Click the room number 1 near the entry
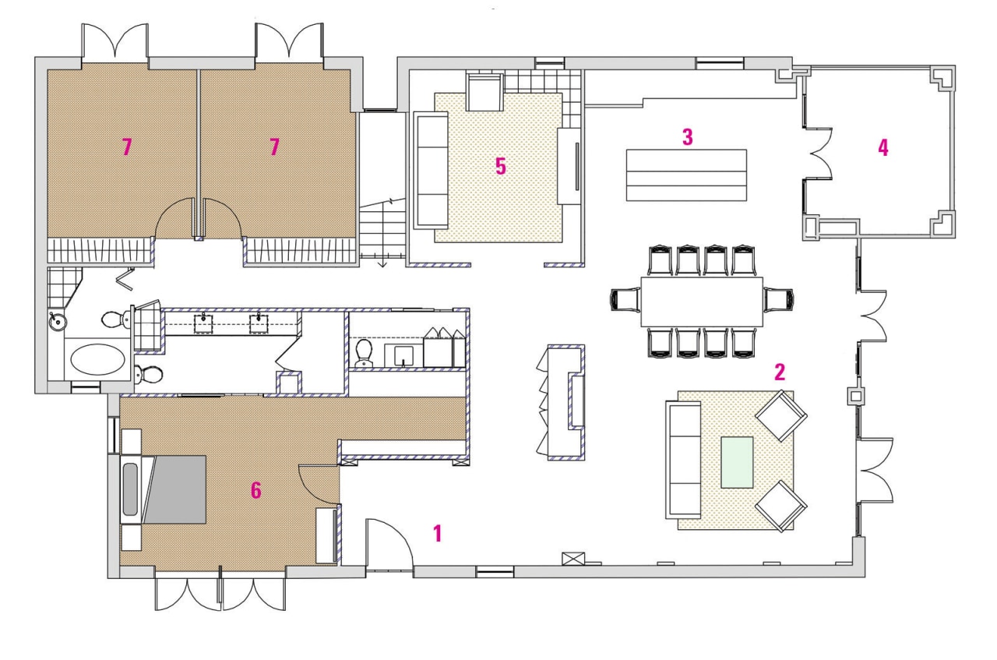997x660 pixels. [438, 533]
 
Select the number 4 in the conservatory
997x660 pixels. [883, 147]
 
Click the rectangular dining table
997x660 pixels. [702, 302]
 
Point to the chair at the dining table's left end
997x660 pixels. [625, 300]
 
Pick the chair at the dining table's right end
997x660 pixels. [778, 300]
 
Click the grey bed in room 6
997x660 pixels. [178, 489]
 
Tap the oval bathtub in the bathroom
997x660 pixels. [97, 361]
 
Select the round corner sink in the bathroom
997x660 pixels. [57, 322]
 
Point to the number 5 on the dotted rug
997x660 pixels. [501, 166]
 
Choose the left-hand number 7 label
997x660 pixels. [126, 146]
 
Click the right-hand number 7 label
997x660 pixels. [273, 146]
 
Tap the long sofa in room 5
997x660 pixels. [430, 170]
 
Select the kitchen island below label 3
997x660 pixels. [686, 175]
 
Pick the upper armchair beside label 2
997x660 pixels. [781, 414]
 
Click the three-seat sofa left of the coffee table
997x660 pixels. [683, 460]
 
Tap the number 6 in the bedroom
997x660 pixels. [255, 490]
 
